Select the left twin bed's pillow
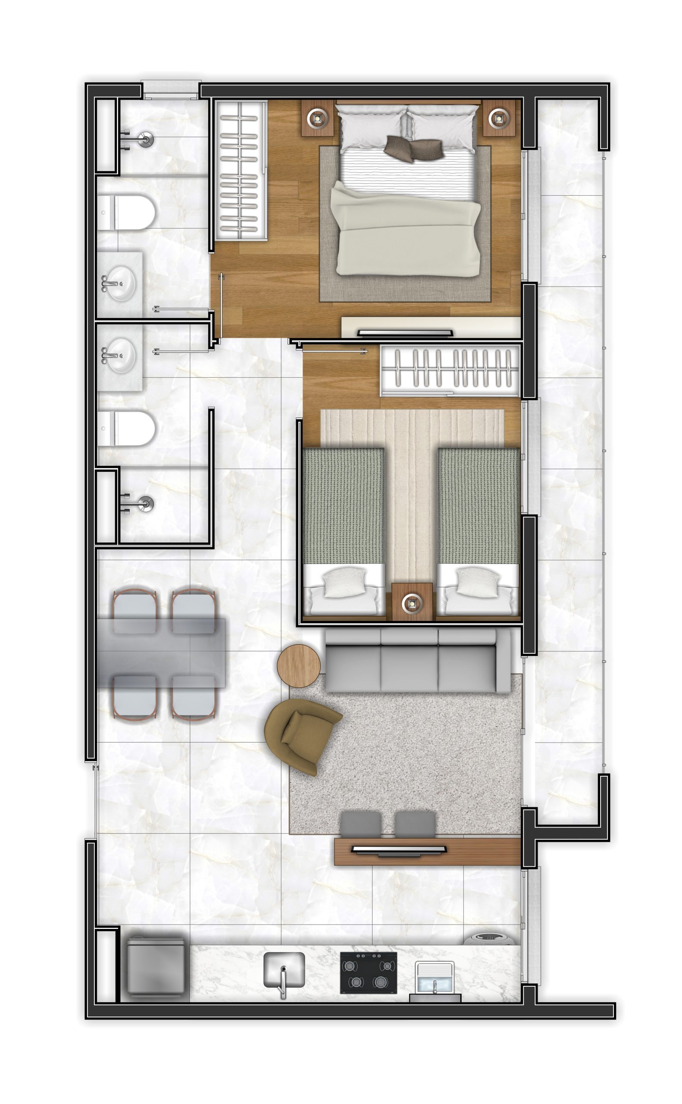[345, 583]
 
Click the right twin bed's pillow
[477, 583]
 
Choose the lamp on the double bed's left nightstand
[318, 118]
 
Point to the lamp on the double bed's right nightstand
[499, 118]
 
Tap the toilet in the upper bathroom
[128, 213]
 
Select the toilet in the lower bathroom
[128, 429]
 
